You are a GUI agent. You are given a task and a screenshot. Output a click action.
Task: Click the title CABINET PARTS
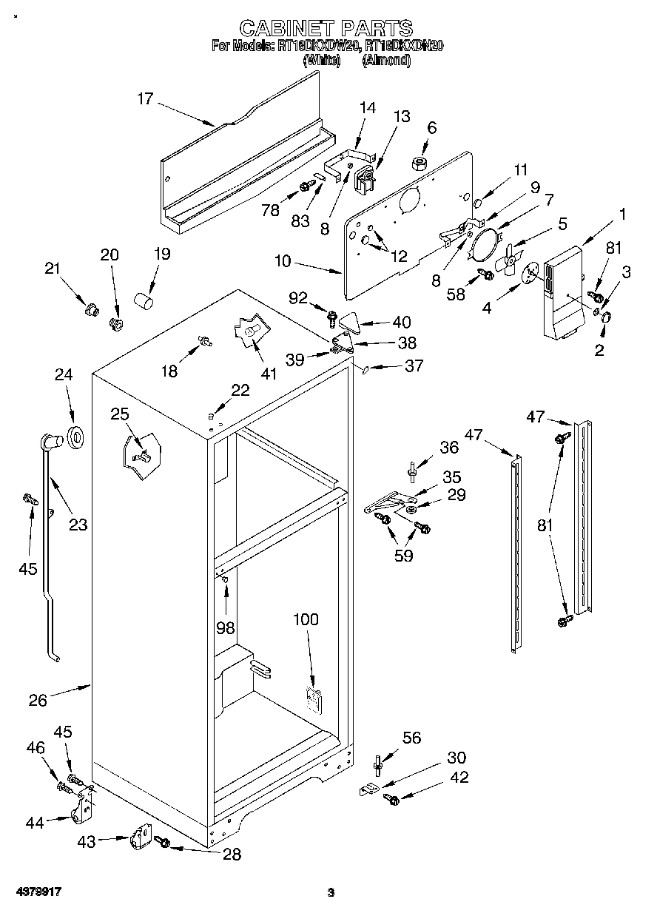pyautogui.click(x=326, y=28)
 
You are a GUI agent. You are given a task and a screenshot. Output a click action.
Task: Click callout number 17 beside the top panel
pyautogui.click(x=144, y=98)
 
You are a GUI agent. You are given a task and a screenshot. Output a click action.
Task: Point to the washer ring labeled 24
pyautogui.click(x=76, y=437)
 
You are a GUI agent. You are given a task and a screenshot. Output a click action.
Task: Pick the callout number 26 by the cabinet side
pyautogui.click(x=38, y=698)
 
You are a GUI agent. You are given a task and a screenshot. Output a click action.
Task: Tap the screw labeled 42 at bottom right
pyautogui.click(x=390, y=799)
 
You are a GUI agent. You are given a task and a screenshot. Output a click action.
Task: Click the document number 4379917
pyautogui.click(x=36, y=892)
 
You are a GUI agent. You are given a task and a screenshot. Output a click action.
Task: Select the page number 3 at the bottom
pyautogui.click(x=331, y=892)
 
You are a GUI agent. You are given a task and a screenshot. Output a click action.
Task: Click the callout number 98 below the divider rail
pyautogui.click(x=226, y=627)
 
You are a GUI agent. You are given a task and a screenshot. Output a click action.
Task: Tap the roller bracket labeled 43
pyautogui.click(x=139, y=840)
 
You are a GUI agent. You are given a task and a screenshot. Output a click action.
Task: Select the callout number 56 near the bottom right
pyautogui.click(x=411, y=737)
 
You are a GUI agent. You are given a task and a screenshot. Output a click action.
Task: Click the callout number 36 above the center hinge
pyautogui.click(x=449, y=447)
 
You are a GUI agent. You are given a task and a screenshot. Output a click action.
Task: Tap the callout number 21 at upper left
pyautogui.click(x=52, y=269)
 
